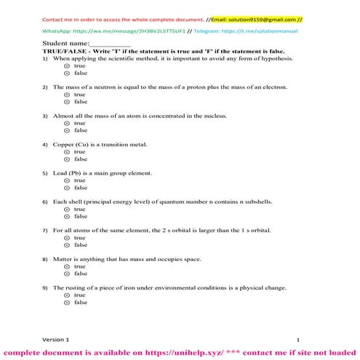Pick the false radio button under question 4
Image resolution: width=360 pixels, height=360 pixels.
click(x=66, y=159)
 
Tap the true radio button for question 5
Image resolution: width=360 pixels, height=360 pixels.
click(x=66, y=180)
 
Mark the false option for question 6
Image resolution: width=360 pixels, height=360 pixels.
click(x=66, y=216)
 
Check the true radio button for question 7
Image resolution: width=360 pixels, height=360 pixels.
click(x=66, y=238)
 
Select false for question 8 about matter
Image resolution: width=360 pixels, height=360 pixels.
click(x=66, y=273)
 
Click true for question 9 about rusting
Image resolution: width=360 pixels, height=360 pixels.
click(x=66, y=295)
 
